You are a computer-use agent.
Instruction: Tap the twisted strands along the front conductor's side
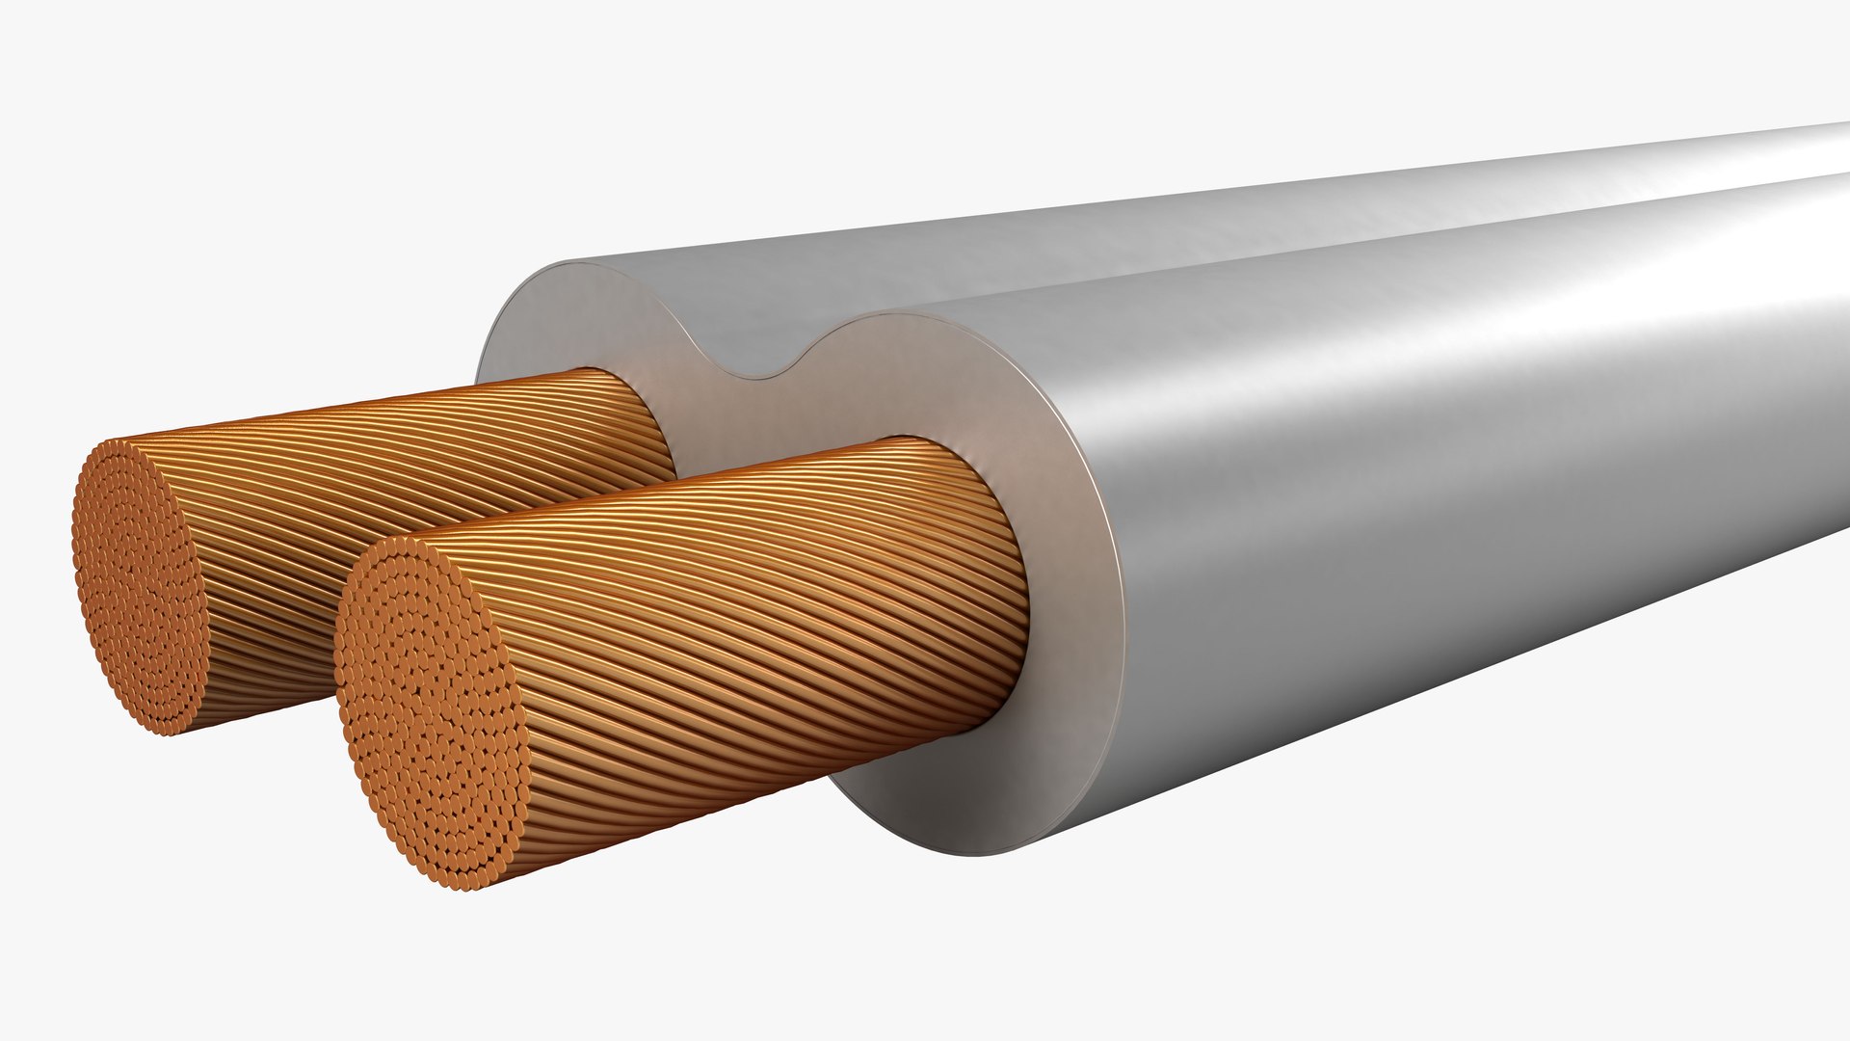click(x=752, y=617)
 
